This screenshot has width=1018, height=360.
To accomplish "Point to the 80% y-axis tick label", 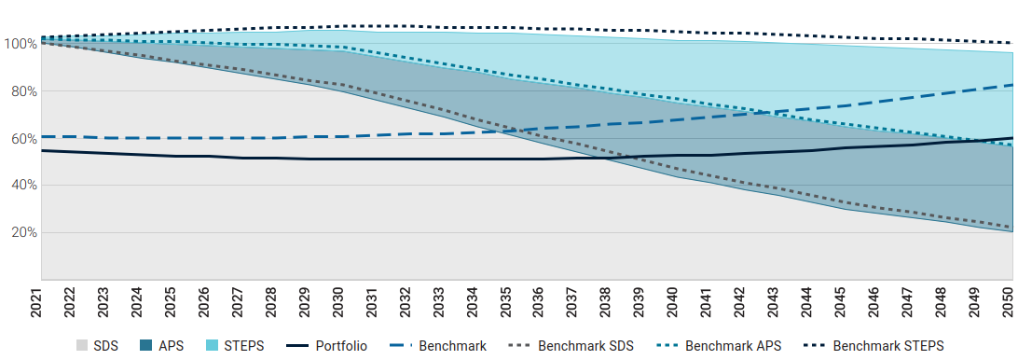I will [21, 91].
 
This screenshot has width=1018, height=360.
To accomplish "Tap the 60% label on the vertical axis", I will [21, 138].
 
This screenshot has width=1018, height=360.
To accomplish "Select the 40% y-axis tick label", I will [21, 186].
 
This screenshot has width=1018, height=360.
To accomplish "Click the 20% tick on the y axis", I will [21, 232].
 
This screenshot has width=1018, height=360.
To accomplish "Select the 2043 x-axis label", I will [777, 303].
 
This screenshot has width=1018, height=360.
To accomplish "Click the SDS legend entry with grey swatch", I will [96, 346].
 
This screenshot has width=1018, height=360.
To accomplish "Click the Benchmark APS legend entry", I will [717, 346].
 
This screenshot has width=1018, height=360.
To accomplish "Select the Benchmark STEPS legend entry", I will [870, 346].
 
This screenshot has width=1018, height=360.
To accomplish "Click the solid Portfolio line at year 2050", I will [1011, 138].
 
